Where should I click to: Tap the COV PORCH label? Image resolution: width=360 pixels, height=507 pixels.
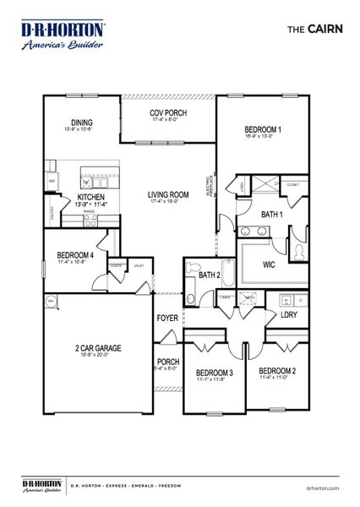(168, 114)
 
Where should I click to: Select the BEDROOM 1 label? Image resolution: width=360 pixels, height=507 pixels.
(262, 129)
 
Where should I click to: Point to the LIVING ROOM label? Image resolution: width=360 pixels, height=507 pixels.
(168, 194)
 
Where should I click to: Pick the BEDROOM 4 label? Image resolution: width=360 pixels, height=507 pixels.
(75, 255)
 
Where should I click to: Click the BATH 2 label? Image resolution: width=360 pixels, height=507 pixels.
(209, 275)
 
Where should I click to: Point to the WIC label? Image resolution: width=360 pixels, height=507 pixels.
(269, 264)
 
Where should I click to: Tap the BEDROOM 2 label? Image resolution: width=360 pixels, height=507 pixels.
(276, 371)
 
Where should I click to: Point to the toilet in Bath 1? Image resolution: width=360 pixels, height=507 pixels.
(299, 249)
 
